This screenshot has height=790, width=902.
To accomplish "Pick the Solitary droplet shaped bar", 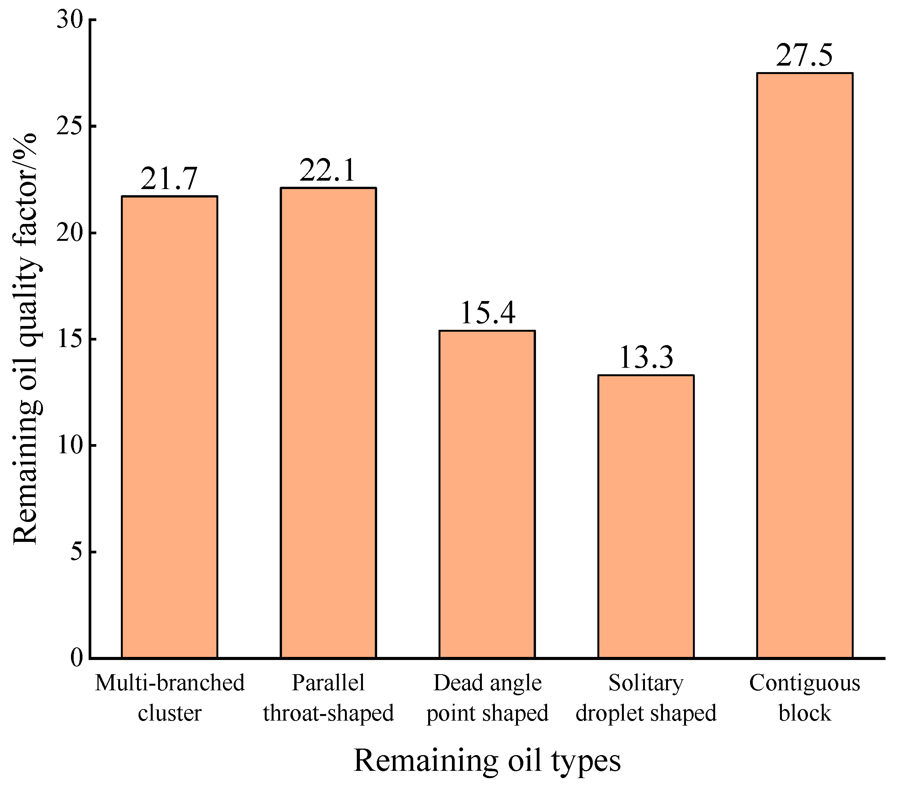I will click(x=646, y=516).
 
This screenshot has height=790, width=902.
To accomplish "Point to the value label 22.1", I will click(x=327, y=171).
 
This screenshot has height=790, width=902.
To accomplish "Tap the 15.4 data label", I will click(x=487, y=313).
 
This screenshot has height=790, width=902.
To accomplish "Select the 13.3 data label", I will click(x=646, y=357).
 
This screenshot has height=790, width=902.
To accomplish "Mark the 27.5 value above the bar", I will click(x=804, y=56).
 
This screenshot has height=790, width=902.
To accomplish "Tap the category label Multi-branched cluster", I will click(x=169, y=698).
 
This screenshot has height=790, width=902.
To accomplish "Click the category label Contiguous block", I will click(x=805, y=698).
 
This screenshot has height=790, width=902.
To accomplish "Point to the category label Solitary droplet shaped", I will click(x=646, y=698).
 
